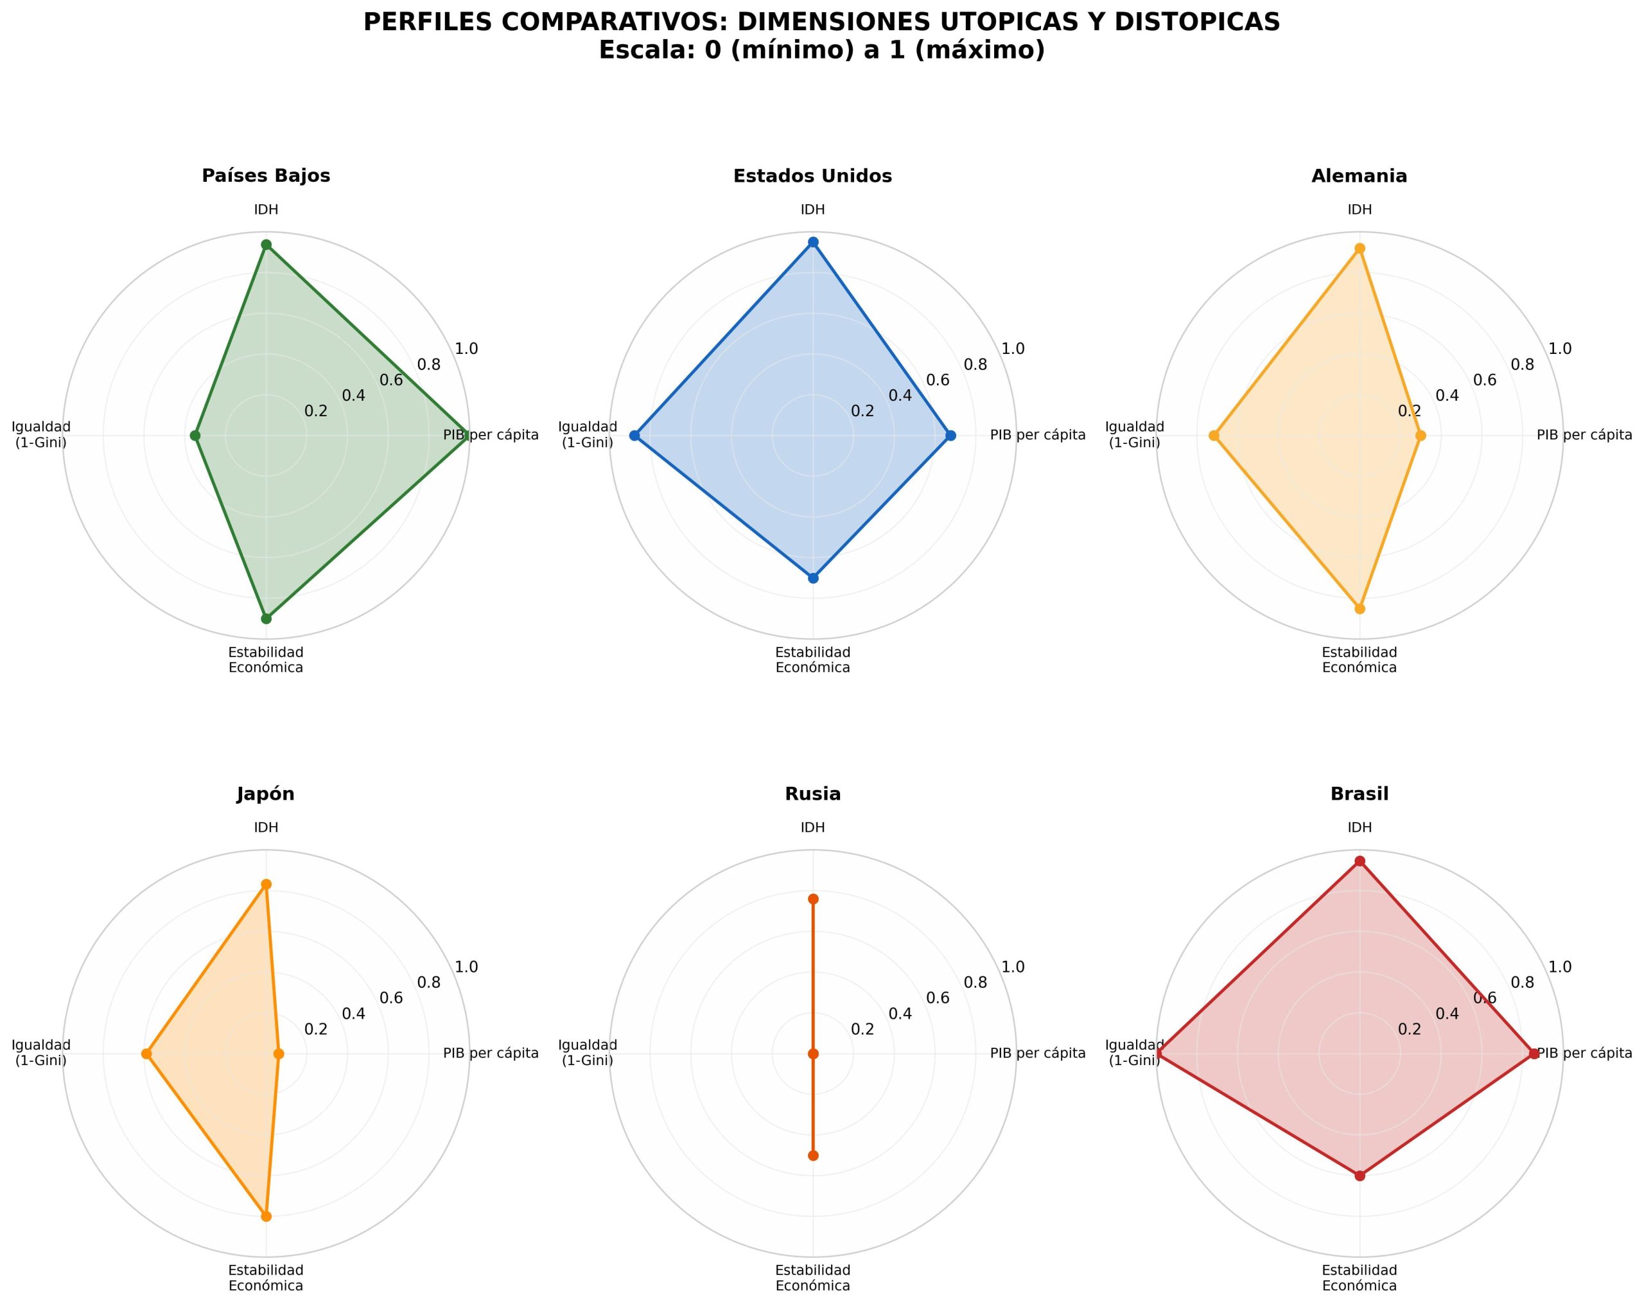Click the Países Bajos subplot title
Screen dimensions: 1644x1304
coord(266,176)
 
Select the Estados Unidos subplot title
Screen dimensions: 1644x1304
coord(813,176)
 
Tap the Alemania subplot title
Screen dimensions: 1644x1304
coord(1360,176)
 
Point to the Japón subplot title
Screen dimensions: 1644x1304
coord(266,795)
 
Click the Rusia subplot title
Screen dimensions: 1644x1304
coord(813,794)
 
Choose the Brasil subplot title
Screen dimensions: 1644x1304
coord(1360,794)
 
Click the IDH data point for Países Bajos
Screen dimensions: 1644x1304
coord(266,245)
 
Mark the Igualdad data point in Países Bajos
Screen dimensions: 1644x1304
coord(195,436)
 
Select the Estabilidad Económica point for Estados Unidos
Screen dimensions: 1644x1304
coord(813,578)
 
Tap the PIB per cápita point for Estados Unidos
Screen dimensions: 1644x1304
coord(950,436)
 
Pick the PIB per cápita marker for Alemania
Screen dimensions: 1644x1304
coord(1421,436)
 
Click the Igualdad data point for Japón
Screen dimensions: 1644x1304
coord(146,1054)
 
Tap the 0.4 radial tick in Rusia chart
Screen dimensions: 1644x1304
coord(900,1014)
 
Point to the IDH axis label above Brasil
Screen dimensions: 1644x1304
coord(1360,828)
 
